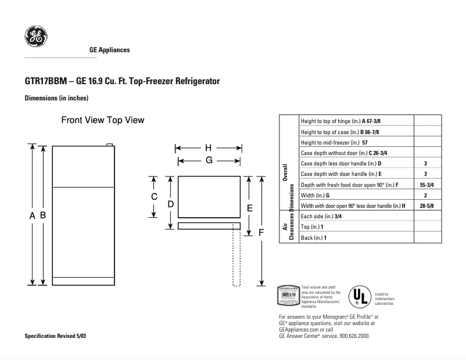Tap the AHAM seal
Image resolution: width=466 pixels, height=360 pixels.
point(289,296)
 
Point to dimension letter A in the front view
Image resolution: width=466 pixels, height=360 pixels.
point(33,215)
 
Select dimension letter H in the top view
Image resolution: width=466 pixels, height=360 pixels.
point(208,147)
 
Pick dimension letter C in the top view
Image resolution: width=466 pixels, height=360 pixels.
point(154,197)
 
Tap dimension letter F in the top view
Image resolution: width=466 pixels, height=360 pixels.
point(261,232)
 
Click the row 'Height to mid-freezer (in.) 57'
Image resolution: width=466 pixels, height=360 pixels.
point(334,143)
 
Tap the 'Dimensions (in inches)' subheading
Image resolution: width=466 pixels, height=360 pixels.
point(56,98)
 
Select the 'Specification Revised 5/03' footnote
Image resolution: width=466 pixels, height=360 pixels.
point(56,337)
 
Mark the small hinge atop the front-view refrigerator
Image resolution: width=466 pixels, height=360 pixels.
point(109,144)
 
